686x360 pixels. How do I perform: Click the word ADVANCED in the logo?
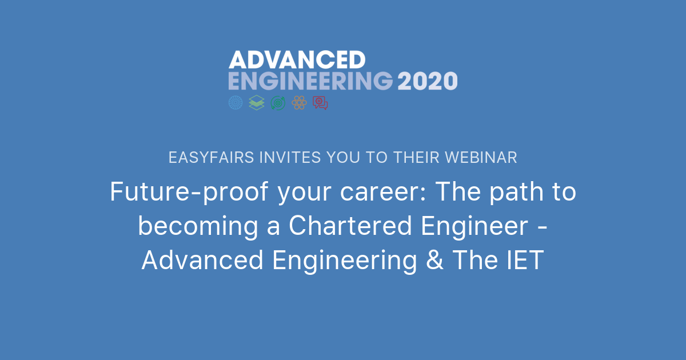pyautogui.click(x=297, y=60)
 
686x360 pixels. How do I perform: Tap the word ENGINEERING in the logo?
pyautogui.click(x=310, y=81)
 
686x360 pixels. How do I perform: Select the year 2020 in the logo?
pyautogui.click(x=427, y=81)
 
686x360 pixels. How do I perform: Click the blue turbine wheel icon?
pyautogui.click(x=236, y=102)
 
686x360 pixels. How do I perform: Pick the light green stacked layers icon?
pyautogui.click(x=257, y=102)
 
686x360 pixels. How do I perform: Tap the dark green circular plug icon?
pyautogui.click(x=278, y=102)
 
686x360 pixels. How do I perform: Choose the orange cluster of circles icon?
pyautogui.click(x=299, y=102)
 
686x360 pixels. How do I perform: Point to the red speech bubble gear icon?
pyautogui.click(x=320, y=102)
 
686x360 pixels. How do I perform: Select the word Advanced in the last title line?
pyautogui.click(x=202, y=261)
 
